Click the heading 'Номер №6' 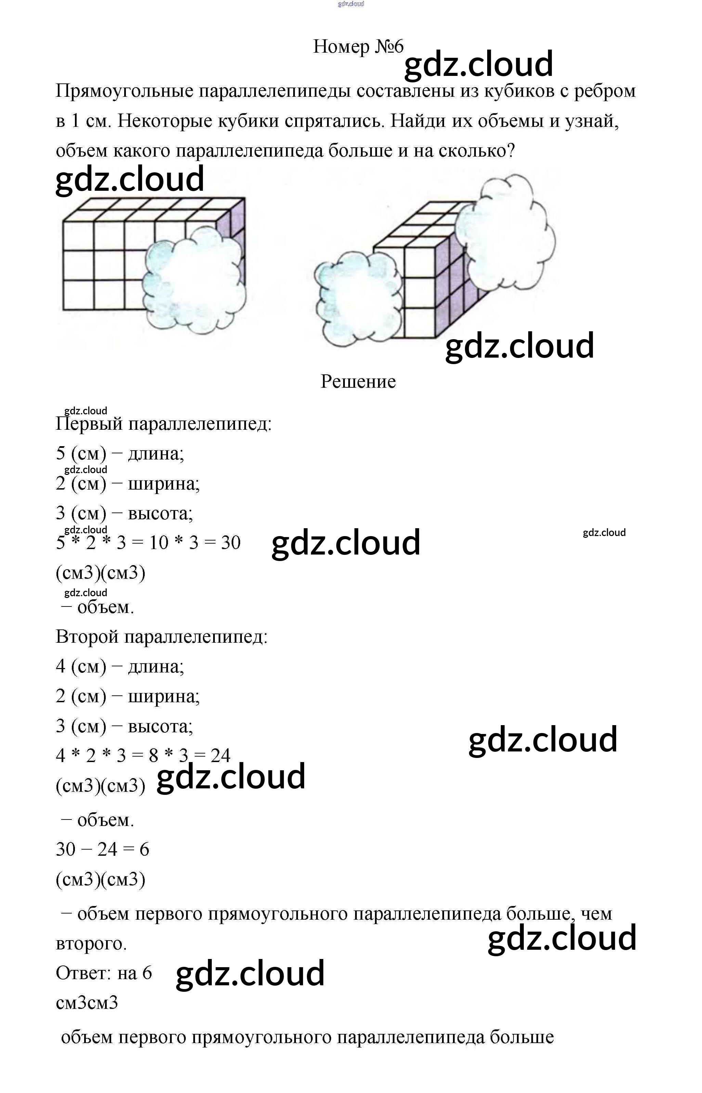click(x=358, y=46)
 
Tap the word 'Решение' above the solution click(x=358, y=382)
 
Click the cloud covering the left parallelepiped click(x=194, y=285)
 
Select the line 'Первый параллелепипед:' click(x=163, y=424)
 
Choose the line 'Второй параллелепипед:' click(x=161, y=637)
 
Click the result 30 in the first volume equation click(x=231, y=543)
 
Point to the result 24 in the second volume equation click(x=220, y=756)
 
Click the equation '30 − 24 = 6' click(x=103, y=849)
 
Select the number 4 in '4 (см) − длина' click(x=61, y=666)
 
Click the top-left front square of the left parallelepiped click(x=78, y=236)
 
